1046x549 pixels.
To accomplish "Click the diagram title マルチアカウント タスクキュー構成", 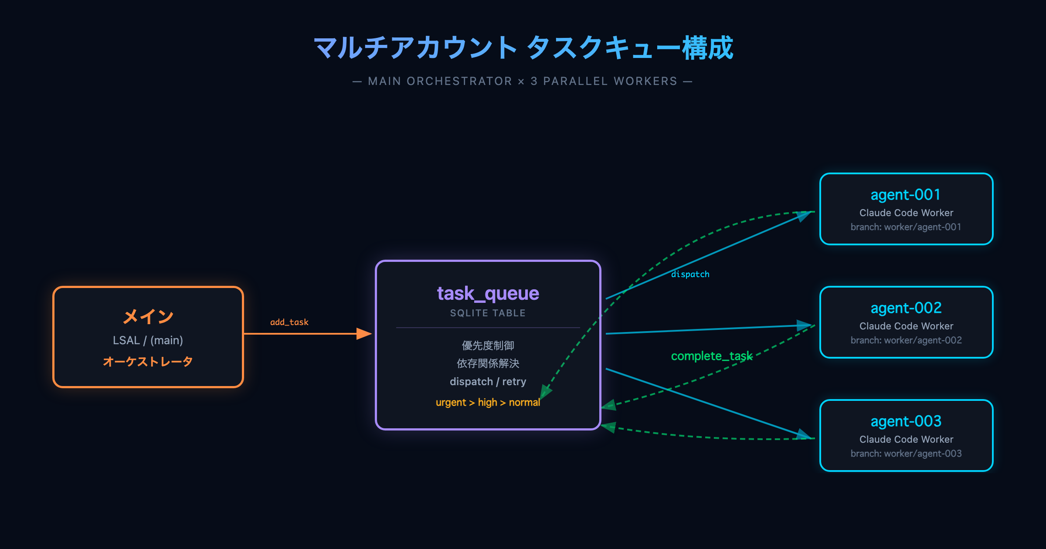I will (523, 48).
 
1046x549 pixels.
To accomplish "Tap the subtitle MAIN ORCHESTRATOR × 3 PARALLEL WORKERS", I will (522, 81).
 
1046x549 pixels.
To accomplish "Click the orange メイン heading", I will (148, 316).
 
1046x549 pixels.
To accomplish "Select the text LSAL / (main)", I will (148, 340).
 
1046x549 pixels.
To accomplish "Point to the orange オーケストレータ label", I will (148, 362).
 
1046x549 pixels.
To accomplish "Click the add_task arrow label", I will (289, 322).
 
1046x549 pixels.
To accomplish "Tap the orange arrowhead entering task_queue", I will (364, 334).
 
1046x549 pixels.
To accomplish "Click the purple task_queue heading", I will (488, 294).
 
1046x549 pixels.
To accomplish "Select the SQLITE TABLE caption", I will (488, 313).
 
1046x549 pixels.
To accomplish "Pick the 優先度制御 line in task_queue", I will (488, 346).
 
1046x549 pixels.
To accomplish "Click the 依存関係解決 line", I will (488, 363).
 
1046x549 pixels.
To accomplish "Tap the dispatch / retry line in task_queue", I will (488, 382).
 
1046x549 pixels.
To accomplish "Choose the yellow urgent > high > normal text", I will (488, 403).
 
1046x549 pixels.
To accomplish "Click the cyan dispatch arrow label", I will (690, 274).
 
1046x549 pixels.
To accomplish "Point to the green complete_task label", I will (711, 356).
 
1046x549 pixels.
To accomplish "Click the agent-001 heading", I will (906, 195).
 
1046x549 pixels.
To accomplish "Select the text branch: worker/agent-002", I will (906, 340).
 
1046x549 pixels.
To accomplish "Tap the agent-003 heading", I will (906, 421).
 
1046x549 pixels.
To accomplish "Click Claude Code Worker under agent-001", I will (906, 213).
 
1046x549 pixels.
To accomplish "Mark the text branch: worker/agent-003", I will (906, 454).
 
